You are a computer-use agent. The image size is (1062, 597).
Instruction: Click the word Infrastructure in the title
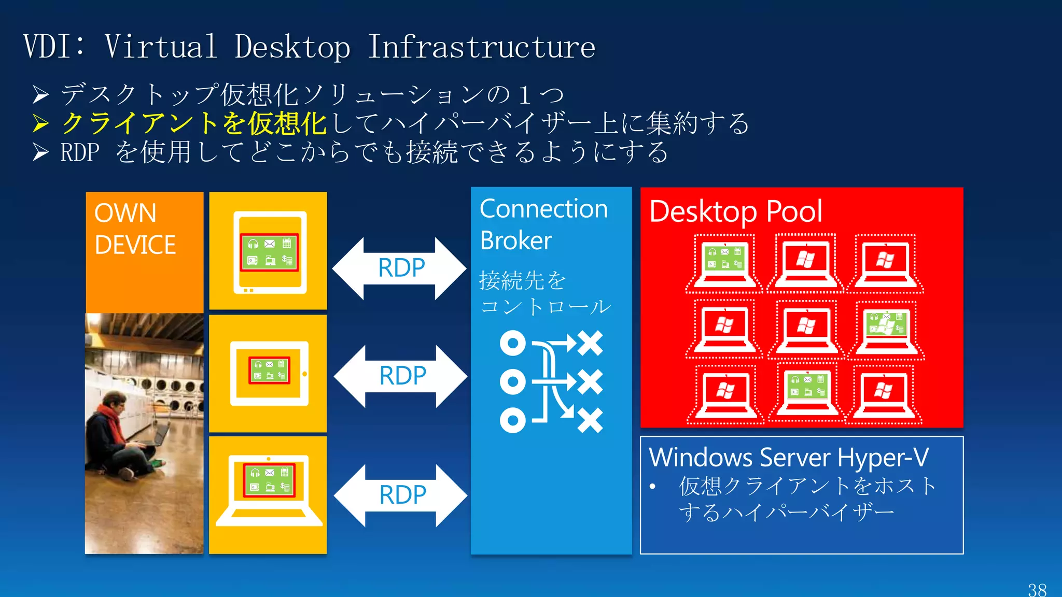[481, 47]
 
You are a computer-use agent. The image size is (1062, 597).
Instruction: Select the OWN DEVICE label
[135, 229]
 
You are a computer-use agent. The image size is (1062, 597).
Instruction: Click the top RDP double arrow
[400, 268]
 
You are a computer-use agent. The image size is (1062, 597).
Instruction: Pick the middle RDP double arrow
[401, 376]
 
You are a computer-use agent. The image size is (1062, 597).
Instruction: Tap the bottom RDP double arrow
[401, 495]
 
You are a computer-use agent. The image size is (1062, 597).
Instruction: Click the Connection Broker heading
[543, 224]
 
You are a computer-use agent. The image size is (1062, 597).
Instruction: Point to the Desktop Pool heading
[735, 211]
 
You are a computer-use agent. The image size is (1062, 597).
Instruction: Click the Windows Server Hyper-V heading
[788, 457]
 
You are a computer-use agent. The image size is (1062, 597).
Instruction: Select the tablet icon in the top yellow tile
[269, 252]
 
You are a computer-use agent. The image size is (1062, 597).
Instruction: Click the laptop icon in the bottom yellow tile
[269, 490]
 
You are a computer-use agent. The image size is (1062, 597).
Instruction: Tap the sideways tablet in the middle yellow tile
[269, 373]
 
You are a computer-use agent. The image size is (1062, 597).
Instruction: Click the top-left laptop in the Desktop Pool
[724, 263]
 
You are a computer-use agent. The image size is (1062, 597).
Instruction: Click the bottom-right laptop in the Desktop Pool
[884, 394]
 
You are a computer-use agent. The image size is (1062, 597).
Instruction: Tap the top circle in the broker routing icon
[512, 343]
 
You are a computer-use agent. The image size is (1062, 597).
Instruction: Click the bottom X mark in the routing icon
[590, 420]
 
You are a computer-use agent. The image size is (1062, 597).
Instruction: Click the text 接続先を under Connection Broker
[522, 280]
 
